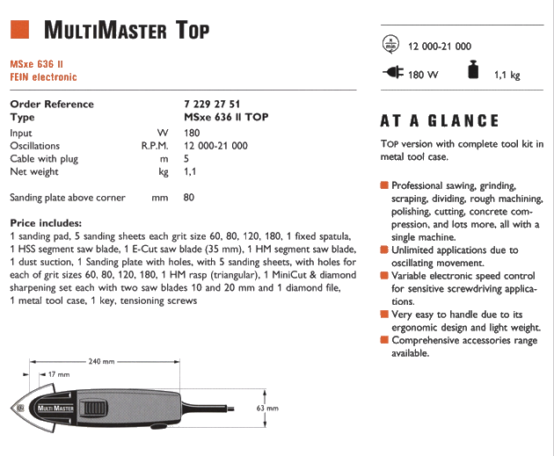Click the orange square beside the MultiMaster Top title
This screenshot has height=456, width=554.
(x=21, y=30)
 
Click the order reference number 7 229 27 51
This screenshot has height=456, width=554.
(x=212, y=104)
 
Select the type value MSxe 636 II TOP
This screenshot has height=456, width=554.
(x=226, y=117)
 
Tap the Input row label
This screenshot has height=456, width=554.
(x=21, y=133)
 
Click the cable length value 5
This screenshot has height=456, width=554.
(x=187, y=159)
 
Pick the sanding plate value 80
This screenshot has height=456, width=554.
(x=189, y=198)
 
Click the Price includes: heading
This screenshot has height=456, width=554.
(x=46, y=223)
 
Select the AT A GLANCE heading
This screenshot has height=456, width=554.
(x=439, y=121)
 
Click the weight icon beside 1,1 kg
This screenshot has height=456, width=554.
(x=473, y=72)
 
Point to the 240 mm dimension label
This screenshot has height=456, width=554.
(x=102, y=360)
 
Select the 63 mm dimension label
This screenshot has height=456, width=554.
(x=266, y=409)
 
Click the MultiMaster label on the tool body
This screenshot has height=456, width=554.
(x=55, y=409)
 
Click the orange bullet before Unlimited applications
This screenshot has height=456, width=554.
(x=384, y=250)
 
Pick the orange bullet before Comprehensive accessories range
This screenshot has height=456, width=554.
(x=384, y=339)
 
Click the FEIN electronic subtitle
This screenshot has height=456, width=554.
(x=43, y=77)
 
